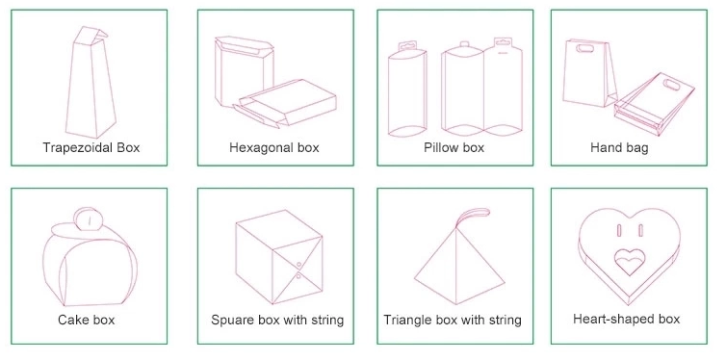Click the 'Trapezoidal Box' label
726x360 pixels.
(x=91, y=147)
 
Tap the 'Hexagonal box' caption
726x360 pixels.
(x=274, y=147)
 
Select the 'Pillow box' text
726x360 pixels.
(x=454, y=147)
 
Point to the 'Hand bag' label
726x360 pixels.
(x=619, y=147)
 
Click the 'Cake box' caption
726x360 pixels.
(x=86, y=320)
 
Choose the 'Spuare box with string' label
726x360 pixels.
(x=277, y=320)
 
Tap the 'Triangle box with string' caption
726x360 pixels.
(x=453, y=320)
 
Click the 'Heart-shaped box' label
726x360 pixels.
(x=627, y=319)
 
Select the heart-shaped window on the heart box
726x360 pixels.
(x=630, y=262)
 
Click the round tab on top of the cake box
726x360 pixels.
(x=89, y=219)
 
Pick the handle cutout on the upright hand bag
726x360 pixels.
(x=584, y=48)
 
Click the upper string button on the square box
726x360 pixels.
(x=298, y=265)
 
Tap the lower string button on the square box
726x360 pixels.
(x=298, y=276)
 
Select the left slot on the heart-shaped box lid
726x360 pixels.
(x=619, y=230)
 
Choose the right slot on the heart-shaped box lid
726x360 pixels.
(x=641, y=230)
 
